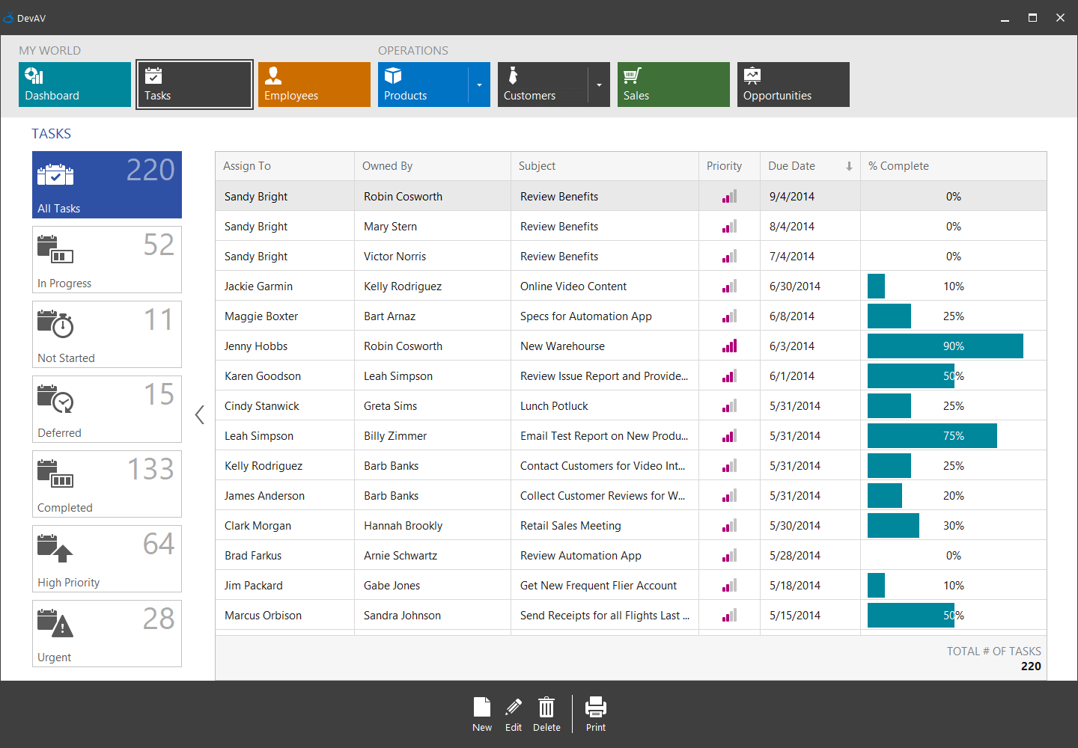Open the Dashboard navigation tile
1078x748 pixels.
[x=74, y=85]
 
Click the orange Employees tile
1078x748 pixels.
[x=314, y=85]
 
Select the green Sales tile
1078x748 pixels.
[x=673, y=85]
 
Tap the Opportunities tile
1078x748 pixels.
[x=793, y=85]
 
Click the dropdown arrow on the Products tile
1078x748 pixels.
[x=479, y=85]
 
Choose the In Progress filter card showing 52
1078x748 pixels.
[x=106, y=260]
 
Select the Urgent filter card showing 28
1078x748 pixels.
[x=106, y=634]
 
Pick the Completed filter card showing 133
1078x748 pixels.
[x=106, y=484]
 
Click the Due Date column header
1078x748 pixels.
[x=801, y=166]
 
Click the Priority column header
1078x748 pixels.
[x=724, y=166]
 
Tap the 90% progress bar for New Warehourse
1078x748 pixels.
[x=945, y=346]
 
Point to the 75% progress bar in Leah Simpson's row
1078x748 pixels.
[x=932, y=436]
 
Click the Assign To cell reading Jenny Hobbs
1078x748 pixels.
[x=256, y=346]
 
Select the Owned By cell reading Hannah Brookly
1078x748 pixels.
[x=403, y=526]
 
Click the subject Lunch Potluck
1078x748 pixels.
[x=554, y=406]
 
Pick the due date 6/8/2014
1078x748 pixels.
[x=792, y=316]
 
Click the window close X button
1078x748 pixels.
[x=1060, y=18]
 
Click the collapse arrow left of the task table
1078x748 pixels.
[x=199, y=415]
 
